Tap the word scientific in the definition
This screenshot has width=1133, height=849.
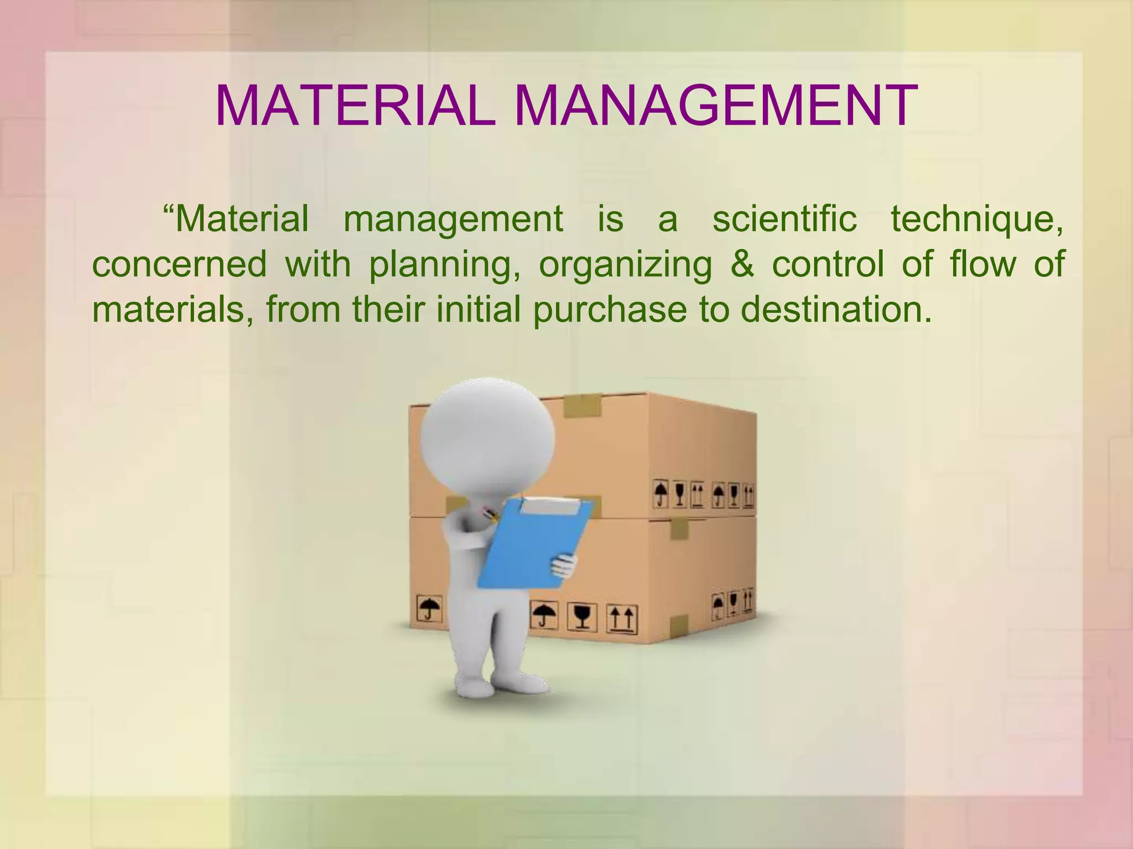coord(784,219)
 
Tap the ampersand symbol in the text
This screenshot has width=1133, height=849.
coord(741,264)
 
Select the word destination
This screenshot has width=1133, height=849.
coord(835,310)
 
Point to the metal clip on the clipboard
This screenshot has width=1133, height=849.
coord(551,504)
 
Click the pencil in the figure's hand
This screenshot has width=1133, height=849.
coord(489,513)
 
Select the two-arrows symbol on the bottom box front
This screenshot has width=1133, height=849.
coord(623,620)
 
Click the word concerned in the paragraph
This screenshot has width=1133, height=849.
coord(179,264)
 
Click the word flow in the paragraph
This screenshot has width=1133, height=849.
coord(983,264)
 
